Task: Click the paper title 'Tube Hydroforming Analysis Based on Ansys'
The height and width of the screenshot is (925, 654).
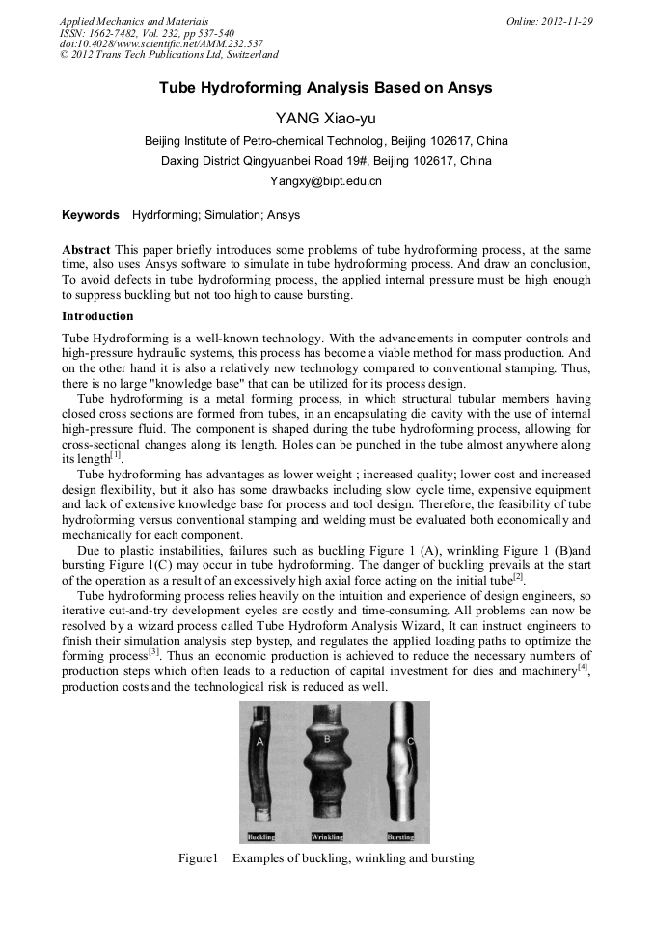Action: pyautogui.click(x=326, y=88)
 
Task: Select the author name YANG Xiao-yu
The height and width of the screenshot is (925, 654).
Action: pyautogui.click(x=326, y=119)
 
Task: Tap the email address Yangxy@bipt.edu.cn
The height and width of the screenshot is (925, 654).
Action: pyautogui.click(x=326, y=180)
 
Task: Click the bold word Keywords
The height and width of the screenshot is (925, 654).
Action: pyautogui.click(x=91, y=215)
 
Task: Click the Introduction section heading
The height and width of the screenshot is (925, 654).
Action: pyautogui.click(x=97, y=316)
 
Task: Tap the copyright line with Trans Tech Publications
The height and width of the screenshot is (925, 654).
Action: pyautogui.click(x=169, y=55)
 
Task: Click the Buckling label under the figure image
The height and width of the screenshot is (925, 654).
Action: pyautogui.click(x=261, y=837)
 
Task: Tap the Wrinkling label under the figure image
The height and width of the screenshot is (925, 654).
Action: pyautogui.click(x=328, y=837)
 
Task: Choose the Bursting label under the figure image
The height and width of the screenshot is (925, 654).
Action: pyautogui.click(x=400, y=837)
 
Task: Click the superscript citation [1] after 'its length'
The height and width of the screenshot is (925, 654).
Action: pyautogui.click(x=115, y=455)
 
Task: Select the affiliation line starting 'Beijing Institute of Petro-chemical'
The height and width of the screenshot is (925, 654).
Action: pyautogui.click(x=326, y=141)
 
